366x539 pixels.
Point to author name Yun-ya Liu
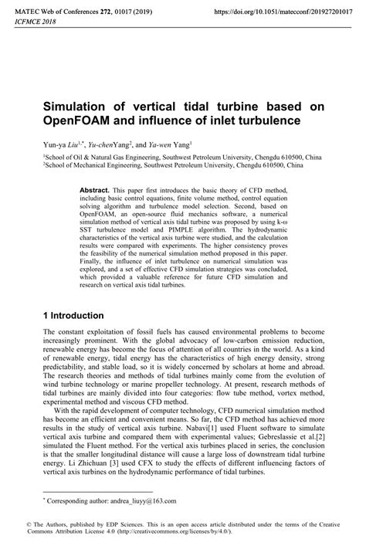point(66,144)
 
